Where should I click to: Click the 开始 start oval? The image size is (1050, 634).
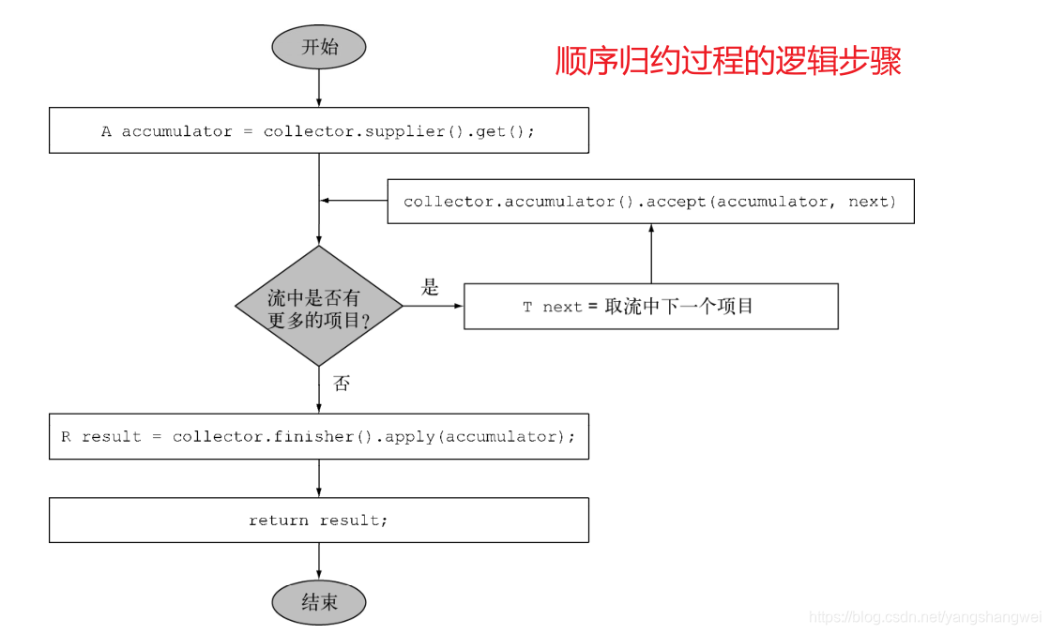pos(319,47)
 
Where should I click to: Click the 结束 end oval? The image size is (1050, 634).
pos(319,602)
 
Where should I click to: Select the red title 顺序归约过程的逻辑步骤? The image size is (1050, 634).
pos(728,62)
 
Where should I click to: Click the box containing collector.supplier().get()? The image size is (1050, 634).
pos(319,130)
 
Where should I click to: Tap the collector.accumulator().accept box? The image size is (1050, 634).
pos(650,202)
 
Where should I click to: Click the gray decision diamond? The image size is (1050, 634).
pos(319,307)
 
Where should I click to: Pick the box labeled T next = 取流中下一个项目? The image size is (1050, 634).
pos(650,307)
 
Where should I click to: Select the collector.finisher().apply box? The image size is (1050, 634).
pos(319,436)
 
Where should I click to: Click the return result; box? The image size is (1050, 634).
pos(319,520)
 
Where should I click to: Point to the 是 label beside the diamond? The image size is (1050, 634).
pos(430,288)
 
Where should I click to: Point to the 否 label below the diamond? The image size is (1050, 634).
pos(342,384)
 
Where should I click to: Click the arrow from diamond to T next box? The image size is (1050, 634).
pos(434,307)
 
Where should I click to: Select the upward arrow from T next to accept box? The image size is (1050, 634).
pos(650,253)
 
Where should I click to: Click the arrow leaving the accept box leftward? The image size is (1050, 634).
pos(354,200)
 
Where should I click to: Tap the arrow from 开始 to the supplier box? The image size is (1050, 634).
pos(319,88)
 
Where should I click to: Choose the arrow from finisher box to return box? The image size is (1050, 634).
pos(319,478)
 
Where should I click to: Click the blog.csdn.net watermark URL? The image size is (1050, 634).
pos(925,616)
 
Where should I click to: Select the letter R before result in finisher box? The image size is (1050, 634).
pos(67,437)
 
